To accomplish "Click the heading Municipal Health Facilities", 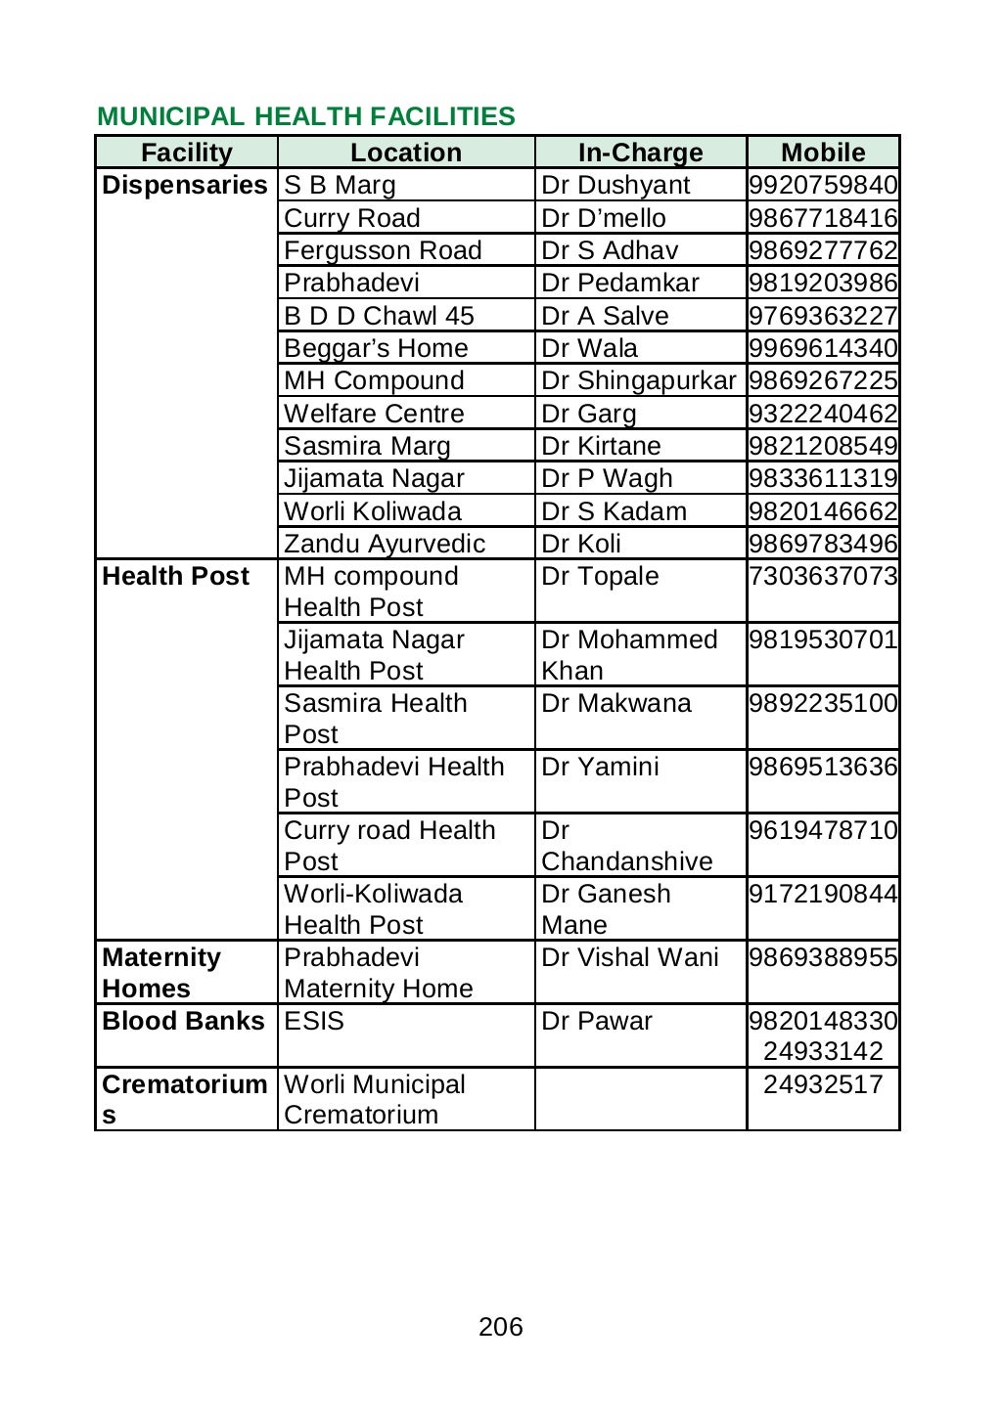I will click(x=305, y=116).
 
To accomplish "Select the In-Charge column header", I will click(x=640, y=153).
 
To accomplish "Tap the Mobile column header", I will click(x=823, y=153).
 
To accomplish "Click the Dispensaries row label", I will click(x=185, y=186).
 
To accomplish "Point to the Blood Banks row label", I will click(x=183, y=1021).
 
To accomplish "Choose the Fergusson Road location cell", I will click(x=383, y=250).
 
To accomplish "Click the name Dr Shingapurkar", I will click(x=638, y=380).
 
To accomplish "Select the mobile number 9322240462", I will click(x=823, y=414).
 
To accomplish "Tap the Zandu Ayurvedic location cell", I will click(x=385, y=544).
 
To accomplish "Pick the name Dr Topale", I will click(x=600, y=576).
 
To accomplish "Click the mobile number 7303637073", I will click(x=823, y=576).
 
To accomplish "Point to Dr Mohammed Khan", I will click(x=628, y=655).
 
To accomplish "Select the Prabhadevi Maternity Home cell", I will click(x=378, y=973).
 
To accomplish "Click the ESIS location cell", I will click(x=314, y=1021).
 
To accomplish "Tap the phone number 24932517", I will click(x=823, y=1084).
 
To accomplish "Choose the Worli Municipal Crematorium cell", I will click(x=374, y=1099).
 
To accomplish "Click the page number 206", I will click(x=501, y=1327).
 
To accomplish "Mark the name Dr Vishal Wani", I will click(x=629, y=957).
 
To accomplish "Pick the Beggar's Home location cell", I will click(x=376, y=348).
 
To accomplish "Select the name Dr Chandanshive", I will click(x=626, y=847).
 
